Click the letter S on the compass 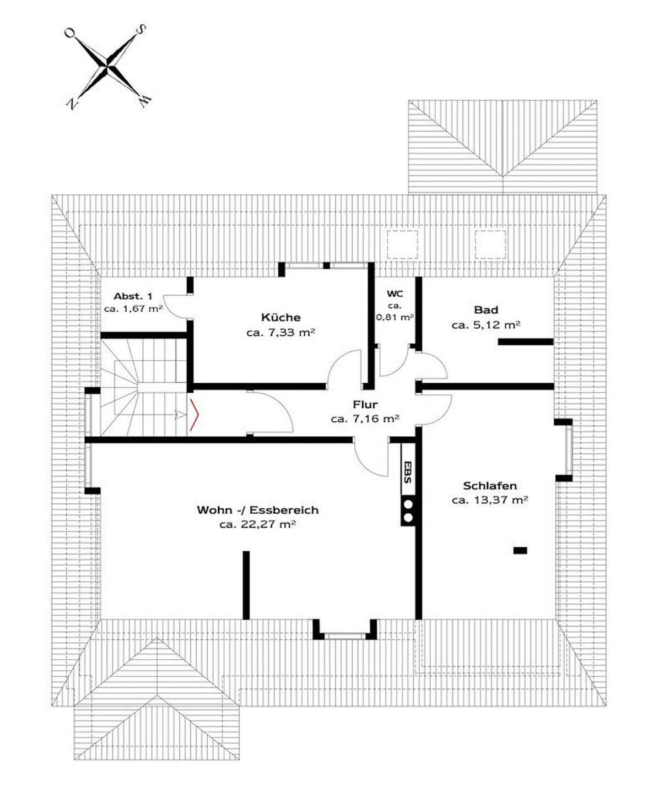[142, 29]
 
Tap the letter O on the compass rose [70, 33]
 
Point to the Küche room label [280, 317]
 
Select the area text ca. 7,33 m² [281, 333]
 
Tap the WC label [395, 294]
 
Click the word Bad [485, 309]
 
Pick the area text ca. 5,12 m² [485, 325]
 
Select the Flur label [365, 404]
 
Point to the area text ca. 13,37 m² [490, 500]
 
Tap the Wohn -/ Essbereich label [257, 510]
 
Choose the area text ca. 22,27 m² [257, 524]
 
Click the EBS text [407, 472]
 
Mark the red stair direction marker [194, 415]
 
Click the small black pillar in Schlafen [520, 550]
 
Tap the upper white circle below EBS [408, 504]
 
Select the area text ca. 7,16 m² [365, 419]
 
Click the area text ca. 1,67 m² [133, 308]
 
